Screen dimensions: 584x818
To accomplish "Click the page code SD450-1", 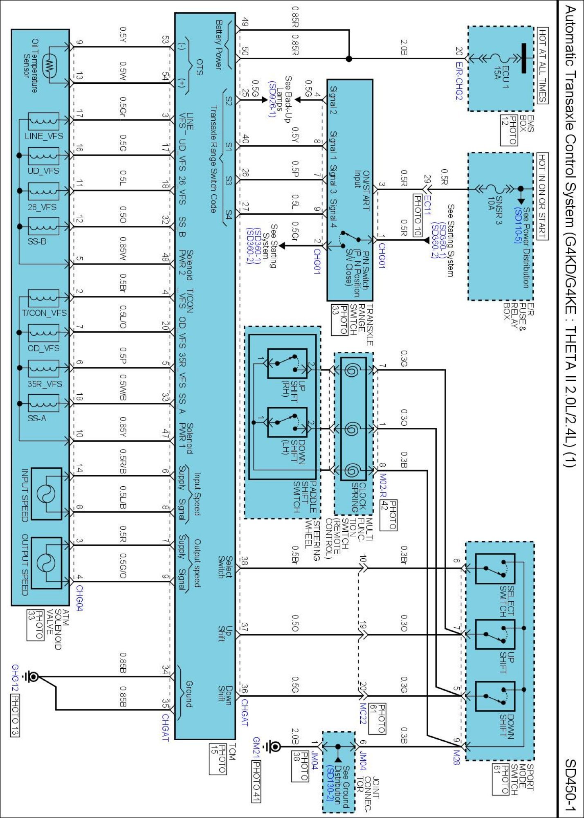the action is click(570, 785).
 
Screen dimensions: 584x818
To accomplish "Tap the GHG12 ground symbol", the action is click(31, 677).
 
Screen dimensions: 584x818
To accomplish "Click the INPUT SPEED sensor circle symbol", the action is click(46, 494).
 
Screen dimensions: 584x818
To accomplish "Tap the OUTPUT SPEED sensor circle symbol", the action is click(46, 563).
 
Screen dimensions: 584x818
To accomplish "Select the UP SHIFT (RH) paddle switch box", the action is click(287, 363).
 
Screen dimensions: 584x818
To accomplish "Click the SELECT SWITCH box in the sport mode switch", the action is click(495, 569).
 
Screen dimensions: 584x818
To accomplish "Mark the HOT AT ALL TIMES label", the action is click(542, 66).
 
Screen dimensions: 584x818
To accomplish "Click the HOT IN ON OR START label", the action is click(542, 196).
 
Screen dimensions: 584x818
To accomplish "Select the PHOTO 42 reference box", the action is click(388, 515).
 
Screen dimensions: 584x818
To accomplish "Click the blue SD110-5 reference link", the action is click(518, 225).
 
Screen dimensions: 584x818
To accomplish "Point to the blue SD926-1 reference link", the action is click(272, 99).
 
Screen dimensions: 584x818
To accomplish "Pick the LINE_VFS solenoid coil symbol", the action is click(43, 121).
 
